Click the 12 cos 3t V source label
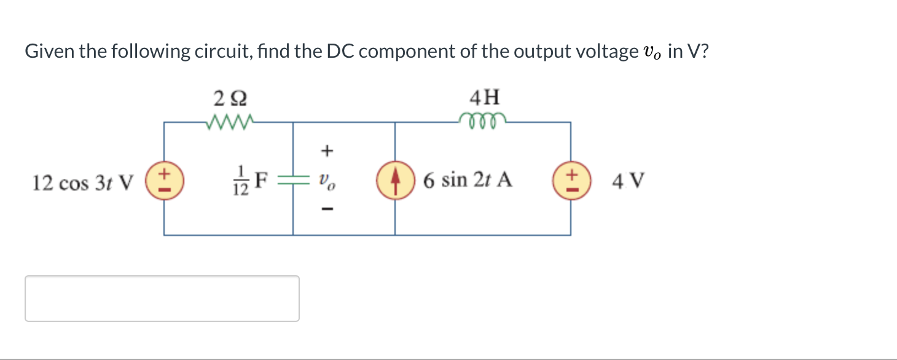82,182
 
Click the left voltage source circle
164,181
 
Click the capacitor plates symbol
292,181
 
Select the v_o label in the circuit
327,182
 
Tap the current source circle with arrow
394,181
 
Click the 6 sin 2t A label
468,181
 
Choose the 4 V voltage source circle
571,181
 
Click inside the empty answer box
162,299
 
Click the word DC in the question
341,52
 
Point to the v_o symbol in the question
652,53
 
